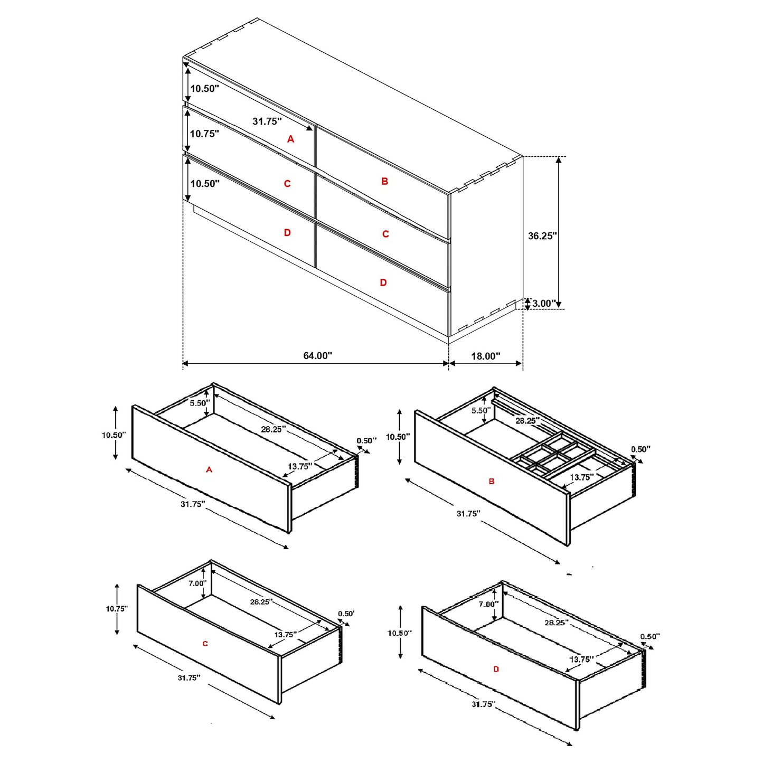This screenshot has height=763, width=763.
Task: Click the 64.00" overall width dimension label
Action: coord(317,356)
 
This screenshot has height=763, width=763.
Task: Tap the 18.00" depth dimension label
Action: coord(485,356)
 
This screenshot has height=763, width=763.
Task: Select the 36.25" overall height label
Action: coord(542,236)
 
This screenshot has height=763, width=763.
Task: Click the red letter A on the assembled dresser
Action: coord(290,139)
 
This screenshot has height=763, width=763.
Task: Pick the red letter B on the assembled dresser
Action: coord(384,182)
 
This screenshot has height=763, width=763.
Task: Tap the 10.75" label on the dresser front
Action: coord(204,134)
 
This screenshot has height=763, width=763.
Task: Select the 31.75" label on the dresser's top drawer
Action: coord(267,121)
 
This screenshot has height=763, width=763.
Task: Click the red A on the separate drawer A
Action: coord(209,469)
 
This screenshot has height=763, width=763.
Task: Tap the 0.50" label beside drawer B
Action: coord(640,449)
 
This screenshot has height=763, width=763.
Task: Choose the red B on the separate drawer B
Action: coord(492,482)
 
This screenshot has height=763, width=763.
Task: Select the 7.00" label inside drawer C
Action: coord(197,583)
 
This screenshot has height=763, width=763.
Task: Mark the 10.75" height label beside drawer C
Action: coord(117,609)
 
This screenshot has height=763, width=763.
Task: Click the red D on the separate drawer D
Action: coord(496,669)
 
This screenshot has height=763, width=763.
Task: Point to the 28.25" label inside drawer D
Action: coord(556,623)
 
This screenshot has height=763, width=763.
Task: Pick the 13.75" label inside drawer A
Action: coord(300,466)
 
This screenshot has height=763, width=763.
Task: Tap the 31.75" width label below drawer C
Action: coord(189,677)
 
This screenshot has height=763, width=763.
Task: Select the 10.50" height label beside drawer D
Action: coord(400,633)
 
